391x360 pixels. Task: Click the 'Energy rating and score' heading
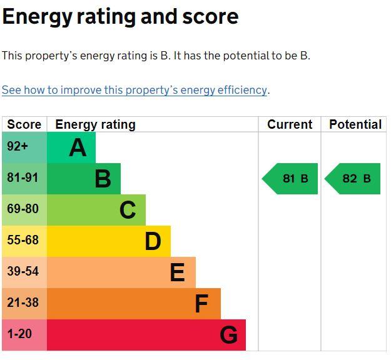click(121, 17)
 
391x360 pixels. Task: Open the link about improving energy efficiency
click(135, 90)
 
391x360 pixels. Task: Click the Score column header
click(24, 124)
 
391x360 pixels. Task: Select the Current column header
click(290, 124)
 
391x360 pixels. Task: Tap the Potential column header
click(355, 124)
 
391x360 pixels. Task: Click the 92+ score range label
click(18, 146)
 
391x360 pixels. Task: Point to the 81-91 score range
click(23, 177)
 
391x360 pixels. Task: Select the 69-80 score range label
click(23, 209)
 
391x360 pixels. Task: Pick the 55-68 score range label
click(23, 240)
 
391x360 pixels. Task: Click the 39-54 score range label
click(23, 271)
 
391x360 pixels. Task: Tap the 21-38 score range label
click(23, 302)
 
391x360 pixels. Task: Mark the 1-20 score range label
click(19, 334)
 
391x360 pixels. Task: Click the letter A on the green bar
click(78, 147)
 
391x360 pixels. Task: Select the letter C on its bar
click(128, 210)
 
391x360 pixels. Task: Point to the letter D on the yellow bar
click(153, 241)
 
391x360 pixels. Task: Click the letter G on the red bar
click(229, 335)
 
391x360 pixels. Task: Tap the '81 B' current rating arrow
click(290, 179)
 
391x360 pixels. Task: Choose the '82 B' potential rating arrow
click(352, 179)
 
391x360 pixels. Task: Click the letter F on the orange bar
click(201, 304)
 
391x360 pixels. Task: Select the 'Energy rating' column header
click(96, 124)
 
